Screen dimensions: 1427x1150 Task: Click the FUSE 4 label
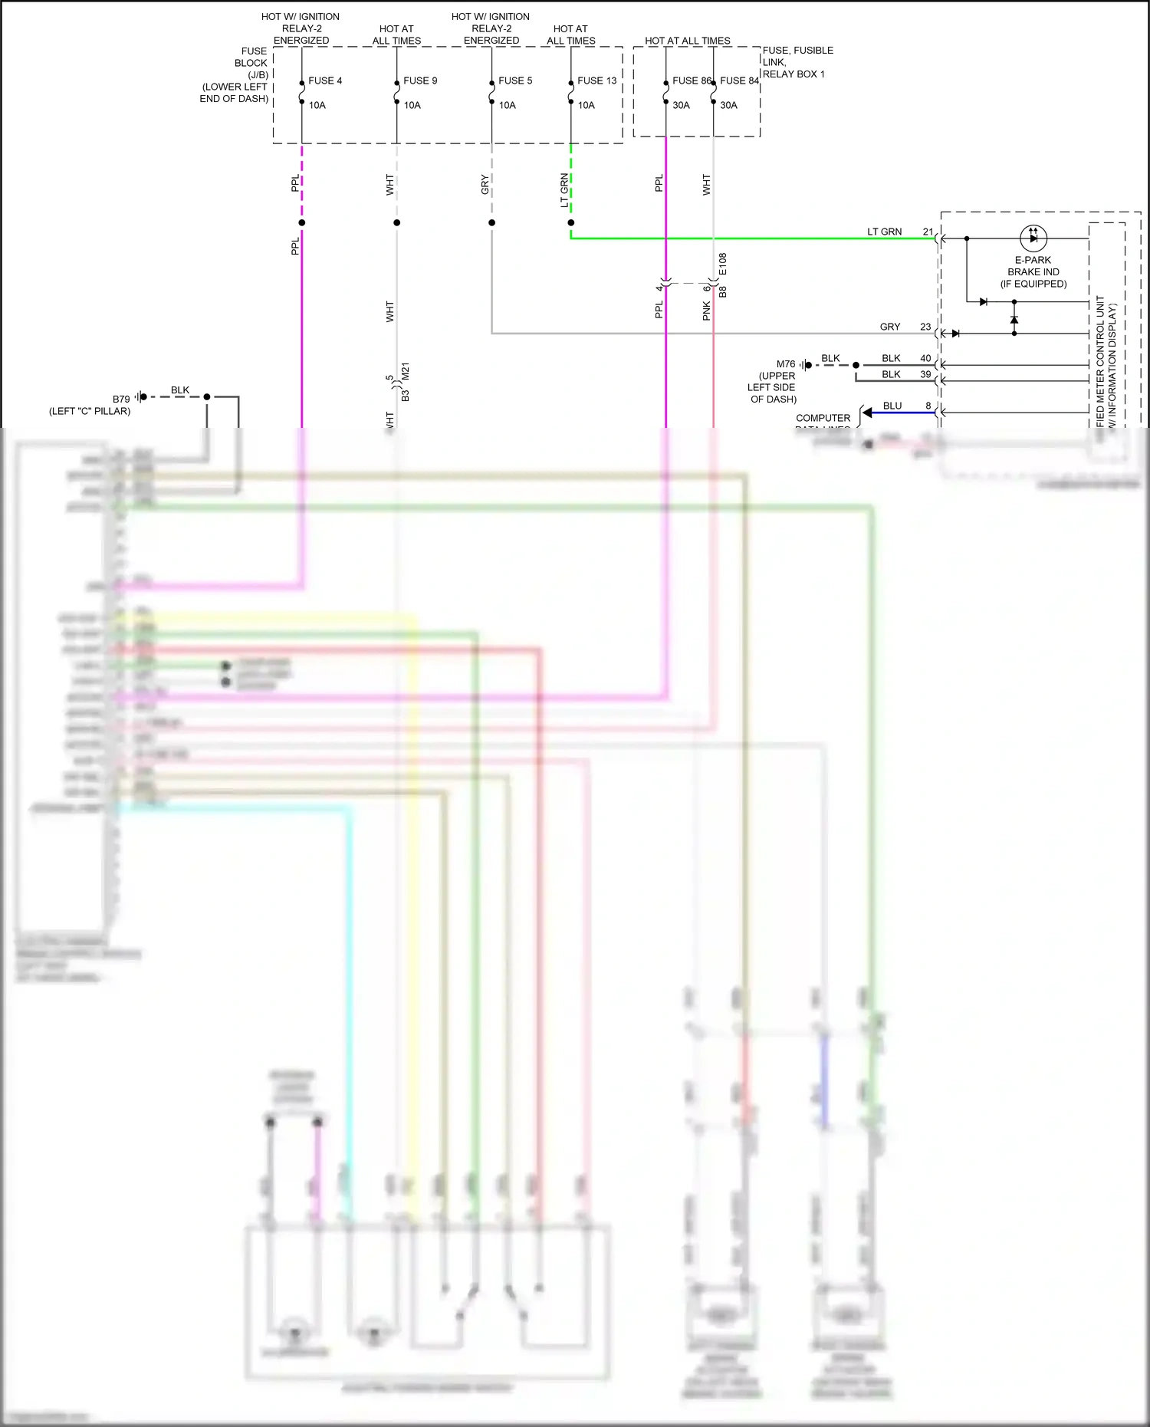tap(325, 81)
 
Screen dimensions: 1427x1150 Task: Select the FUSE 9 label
tap(420, 81)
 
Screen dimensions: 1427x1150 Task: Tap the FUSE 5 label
tap(515, 81)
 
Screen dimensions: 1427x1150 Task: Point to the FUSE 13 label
tap(596, 81)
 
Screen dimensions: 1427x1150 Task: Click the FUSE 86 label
tap(691, 81)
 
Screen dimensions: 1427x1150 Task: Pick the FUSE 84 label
tap(739, 81)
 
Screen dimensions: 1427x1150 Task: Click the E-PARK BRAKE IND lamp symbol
tap(1033, 238)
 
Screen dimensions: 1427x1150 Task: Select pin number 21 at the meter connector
tap(928, 232)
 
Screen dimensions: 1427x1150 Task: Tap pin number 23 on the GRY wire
tap(925, 327)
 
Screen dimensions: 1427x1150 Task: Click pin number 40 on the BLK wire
tap(925, 358)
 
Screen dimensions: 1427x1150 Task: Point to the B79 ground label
tap(121, 399)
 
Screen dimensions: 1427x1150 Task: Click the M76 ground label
tap(786, 364)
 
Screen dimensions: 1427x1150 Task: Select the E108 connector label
tap(722, 264)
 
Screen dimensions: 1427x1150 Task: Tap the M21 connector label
tap(406, 371)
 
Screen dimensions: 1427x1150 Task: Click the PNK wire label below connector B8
tap(706, 310)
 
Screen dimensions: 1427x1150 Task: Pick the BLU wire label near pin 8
tap(892, 406)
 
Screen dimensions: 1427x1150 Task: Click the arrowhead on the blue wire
tap(867, 413)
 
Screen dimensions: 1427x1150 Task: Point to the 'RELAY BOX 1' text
tap(793, 74)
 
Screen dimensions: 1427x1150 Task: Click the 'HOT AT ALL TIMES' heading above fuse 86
tap(687, 41)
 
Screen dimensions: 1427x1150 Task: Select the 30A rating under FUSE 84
tap(728, 105)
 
